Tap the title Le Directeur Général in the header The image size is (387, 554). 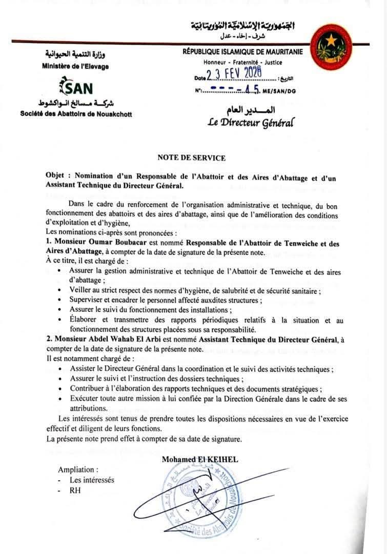251,123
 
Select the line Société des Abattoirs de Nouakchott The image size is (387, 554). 76,114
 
